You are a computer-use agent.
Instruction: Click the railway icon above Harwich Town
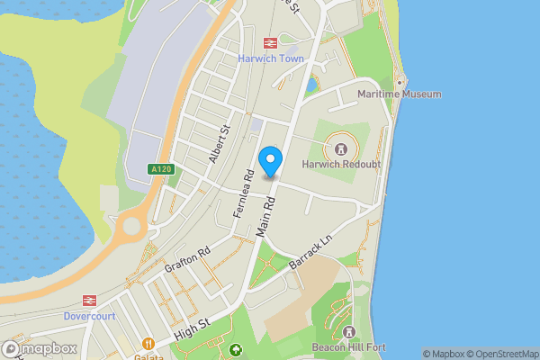click(269, 42)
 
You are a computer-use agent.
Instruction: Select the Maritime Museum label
click(399, 94)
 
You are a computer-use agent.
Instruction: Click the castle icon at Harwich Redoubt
click(341, 148)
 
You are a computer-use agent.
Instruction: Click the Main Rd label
click(265, 219)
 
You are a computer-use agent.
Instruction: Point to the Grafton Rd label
click(187, 260)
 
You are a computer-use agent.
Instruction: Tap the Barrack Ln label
click(311, 251)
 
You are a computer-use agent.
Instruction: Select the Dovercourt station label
click(90, 317)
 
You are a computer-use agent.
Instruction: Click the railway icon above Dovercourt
click(90, 301)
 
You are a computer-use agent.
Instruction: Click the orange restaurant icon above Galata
click(148, 342)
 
